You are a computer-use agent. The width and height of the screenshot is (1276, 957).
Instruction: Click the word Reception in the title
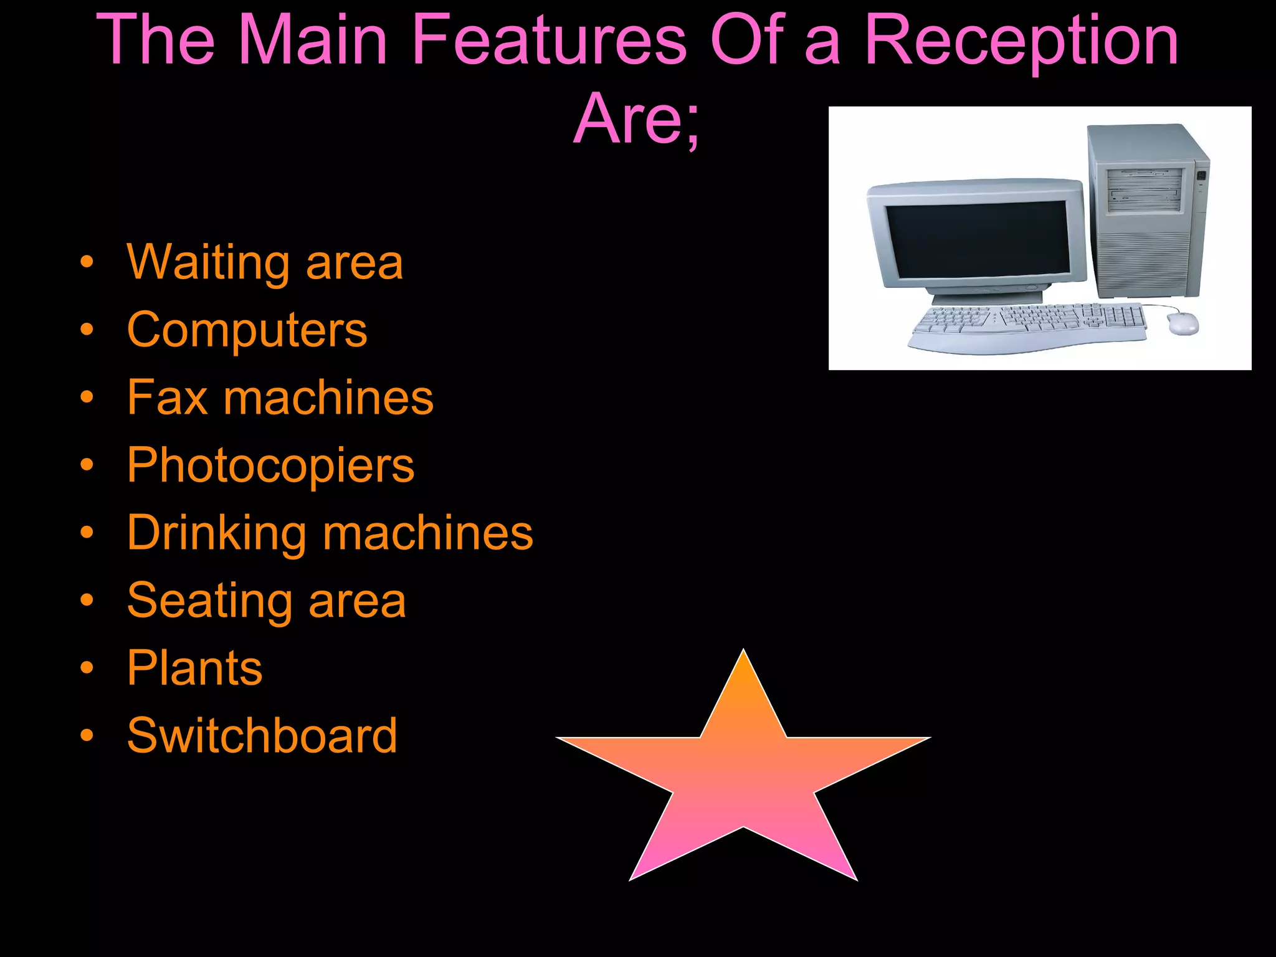[1022, 41]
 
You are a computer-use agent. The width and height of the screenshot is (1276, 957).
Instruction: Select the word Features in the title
[550, 41]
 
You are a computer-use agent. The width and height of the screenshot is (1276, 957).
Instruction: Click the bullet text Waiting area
[265, 262]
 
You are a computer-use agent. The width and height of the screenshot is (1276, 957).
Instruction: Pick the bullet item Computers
[247, 330]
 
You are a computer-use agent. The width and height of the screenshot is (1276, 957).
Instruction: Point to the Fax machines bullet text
[280, 398]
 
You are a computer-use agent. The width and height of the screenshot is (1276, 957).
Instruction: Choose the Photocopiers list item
[270, 465]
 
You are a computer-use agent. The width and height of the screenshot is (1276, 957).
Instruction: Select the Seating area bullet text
[266, 601]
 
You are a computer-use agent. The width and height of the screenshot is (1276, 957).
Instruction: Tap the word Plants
[194, 668]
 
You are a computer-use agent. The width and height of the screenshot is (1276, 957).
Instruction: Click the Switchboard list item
[262, 736]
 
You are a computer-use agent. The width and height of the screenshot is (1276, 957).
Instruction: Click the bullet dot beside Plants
[87, 669]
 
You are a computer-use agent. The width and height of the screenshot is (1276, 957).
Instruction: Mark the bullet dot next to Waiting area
[87, 263]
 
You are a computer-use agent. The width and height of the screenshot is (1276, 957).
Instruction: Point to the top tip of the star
[743, 654]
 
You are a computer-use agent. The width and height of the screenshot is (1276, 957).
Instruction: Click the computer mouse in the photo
[1182, 323]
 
